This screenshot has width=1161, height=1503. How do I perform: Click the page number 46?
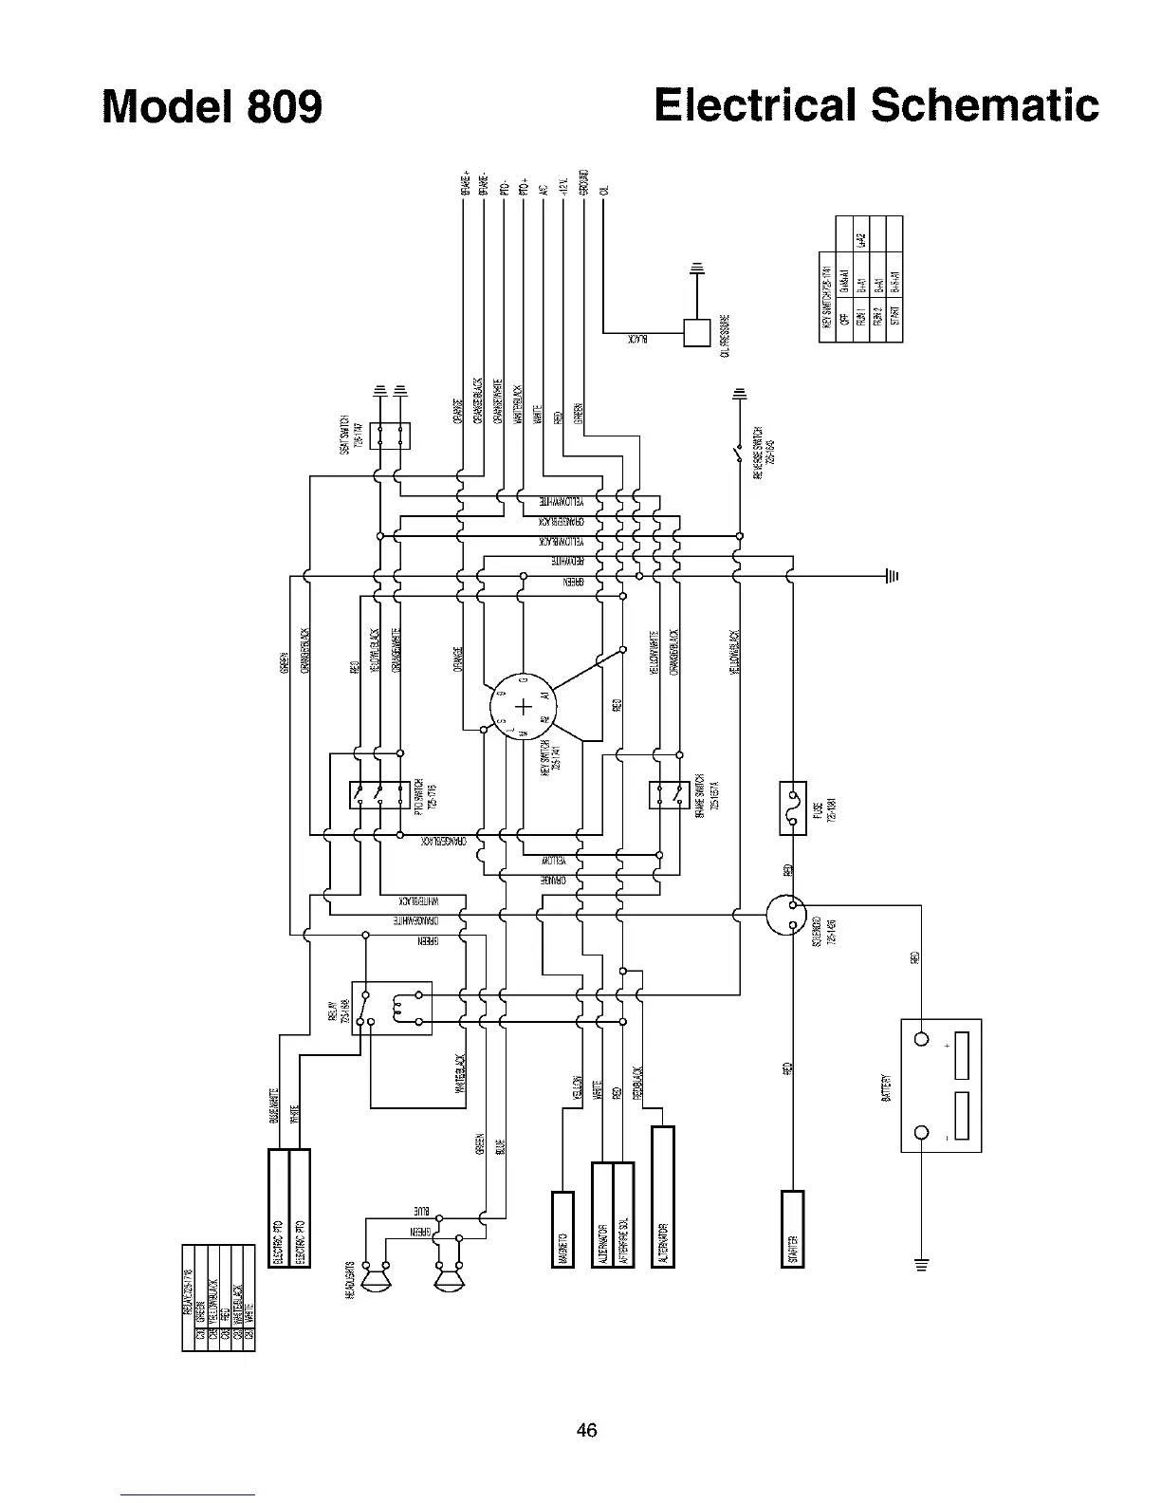tap(586, 1431)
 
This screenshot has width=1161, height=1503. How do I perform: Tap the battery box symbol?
tap(940, 1085)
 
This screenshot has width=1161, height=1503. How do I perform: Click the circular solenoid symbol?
tap(785, 915)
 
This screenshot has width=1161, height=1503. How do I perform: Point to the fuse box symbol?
tap(792, 807)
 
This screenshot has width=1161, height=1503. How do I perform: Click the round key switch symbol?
tap(523, 707)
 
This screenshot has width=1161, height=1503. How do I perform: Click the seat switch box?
tap(390, 436)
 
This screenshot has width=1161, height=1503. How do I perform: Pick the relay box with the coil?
tap(391, 1008)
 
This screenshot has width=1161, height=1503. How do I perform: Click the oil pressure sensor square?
tap(697, 334)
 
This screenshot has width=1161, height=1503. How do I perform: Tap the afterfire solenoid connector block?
tap(623, 1215)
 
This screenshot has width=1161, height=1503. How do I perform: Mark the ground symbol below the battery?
tap(919, 1264)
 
